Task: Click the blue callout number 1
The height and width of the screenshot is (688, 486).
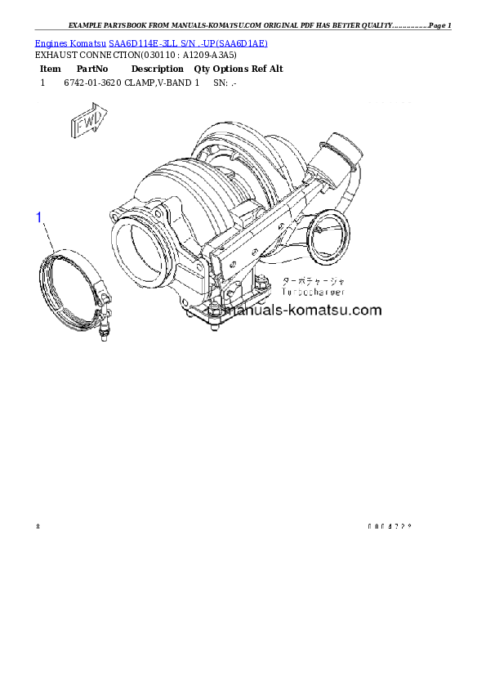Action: (x=38, y=217)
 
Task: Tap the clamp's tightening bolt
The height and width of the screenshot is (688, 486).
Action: (x=105, y=330)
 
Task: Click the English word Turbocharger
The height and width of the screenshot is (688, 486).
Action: (x=313, y=291)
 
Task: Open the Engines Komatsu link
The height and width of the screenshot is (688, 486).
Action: (x=70, y=42)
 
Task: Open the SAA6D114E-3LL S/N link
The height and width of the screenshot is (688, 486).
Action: (x=188, y=42)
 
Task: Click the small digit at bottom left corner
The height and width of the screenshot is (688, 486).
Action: (x=38, y=525)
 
